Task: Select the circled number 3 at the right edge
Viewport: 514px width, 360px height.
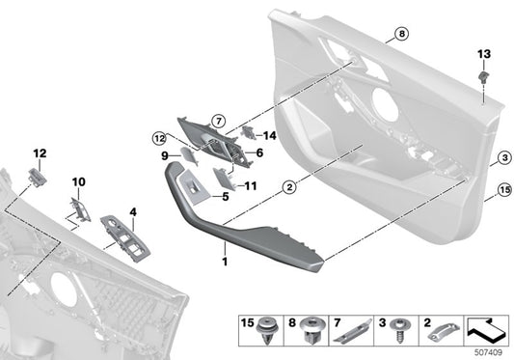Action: [503, 158]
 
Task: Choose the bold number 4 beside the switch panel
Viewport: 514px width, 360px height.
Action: [133, 210]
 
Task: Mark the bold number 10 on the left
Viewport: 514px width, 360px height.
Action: [78, 180]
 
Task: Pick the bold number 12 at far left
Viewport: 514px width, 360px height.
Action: [40, 152]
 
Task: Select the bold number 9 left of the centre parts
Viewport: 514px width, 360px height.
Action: [165, 155]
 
